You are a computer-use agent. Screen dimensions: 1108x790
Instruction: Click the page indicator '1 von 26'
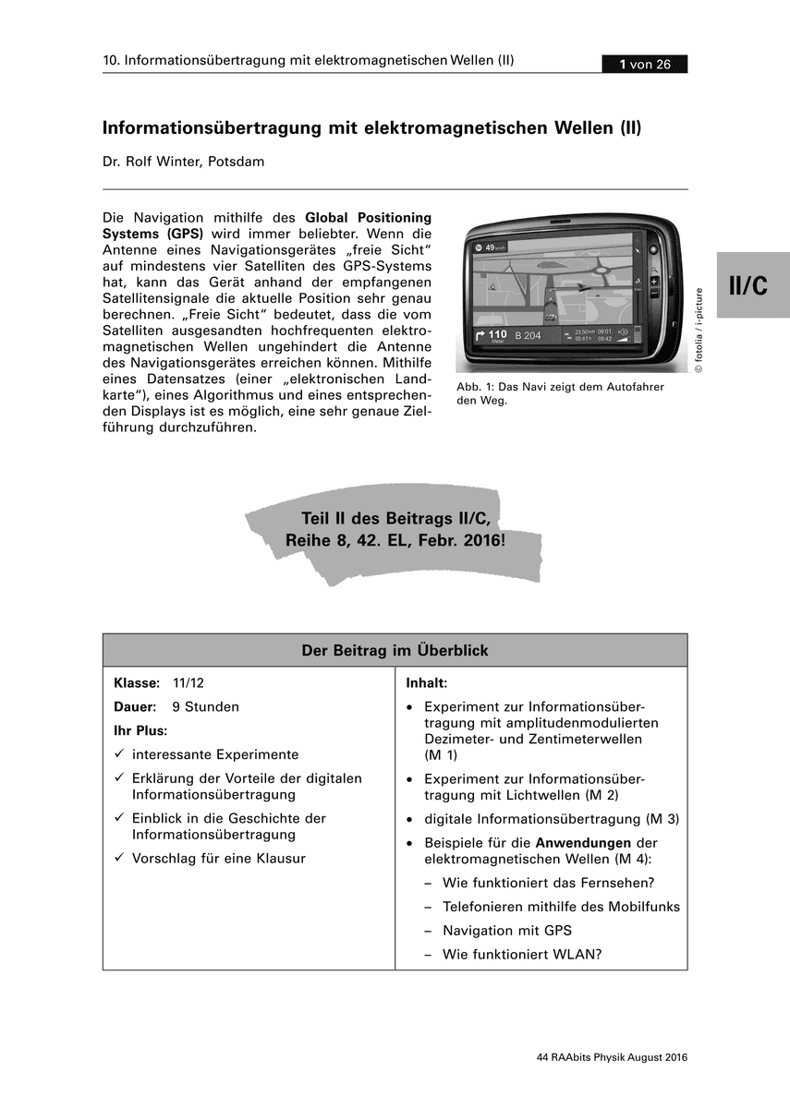click(x=645, y=64)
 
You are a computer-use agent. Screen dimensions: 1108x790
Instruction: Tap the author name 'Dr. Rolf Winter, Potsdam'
click(x=183, y=162)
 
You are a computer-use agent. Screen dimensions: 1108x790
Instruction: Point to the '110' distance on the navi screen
click(x=497, y=333)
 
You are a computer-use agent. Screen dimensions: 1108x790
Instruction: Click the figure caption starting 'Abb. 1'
click(x=560, y=393)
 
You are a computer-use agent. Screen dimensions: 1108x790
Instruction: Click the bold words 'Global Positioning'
click(x=368, y=218)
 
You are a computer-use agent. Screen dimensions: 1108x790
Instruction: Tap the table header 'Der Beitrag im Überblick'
click(x=395, y=650)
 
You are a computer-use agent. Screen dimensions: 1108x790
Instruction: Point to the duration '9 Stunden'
click(x=205, y=706)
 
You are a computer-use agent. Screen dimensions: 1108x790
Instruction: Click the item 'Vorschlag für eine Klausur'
click(x=218, y=858)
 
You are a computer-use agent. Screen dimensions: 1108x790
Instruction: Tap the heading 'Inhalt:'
click(x=426, y=683)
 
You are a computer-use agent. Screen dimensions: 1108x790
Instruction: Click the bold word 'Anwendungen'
click(x=583, y=842)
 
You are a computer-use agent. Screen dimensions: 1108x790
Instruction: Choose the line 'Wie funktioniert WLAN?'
click(x=522, y=954)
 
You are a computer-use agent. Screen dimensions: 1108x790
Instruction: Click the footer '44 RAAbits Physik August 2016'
click(x=612, y=1057)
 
